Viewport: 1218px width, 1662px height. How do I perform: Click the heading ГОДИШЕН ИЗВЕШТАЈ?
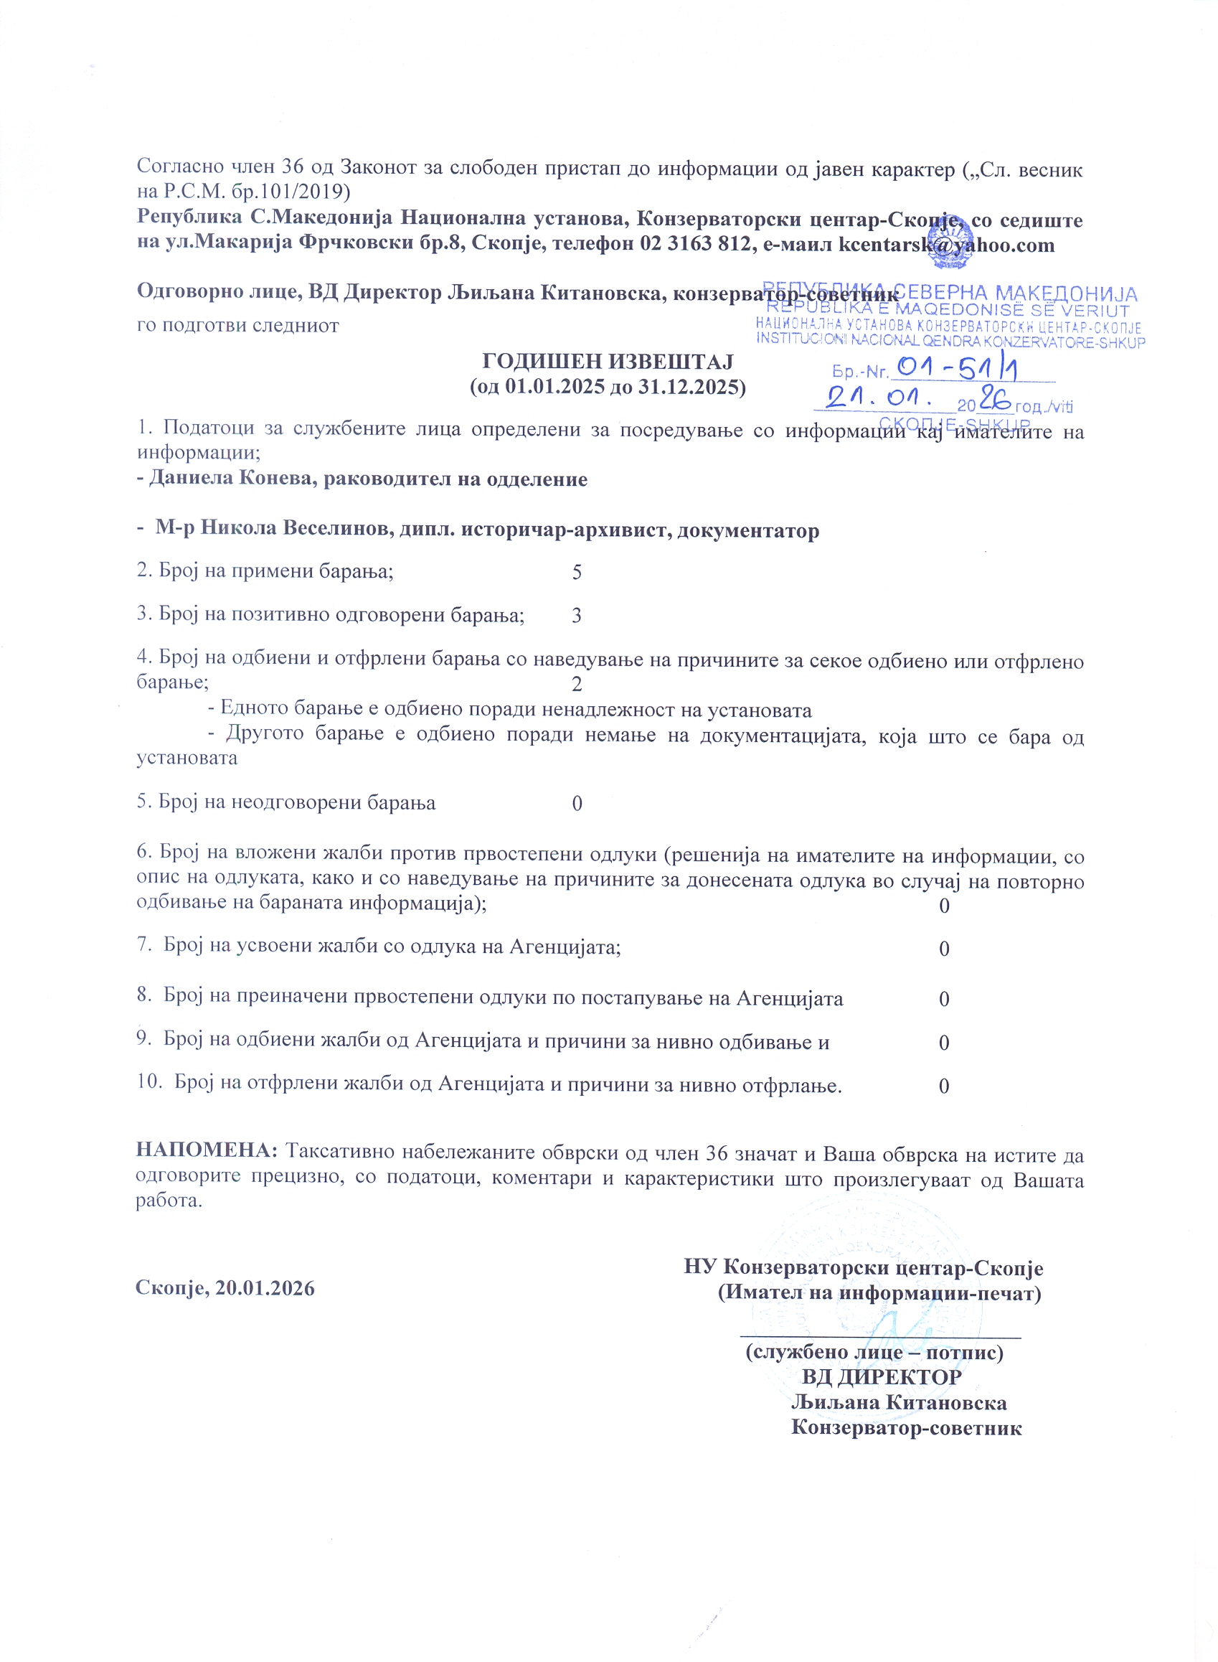tap(608, 361)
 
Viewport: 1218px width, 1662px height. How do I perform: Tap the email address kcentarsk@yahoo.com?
tap(947, 245)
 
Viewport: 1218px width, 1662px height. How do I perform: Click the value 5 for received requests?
tap(577, 572)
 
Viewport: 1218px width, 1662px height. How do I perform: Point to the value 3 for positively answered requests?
tap(577, 615)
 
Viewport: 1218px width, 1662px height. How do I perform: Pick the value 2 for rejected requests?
tap(577, 685)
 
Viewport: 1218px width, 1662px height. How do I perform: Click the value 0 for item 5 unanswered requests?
tap(577, 803)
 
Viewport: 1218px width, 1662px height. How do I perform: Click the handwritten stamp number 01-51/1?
tap(955, 368)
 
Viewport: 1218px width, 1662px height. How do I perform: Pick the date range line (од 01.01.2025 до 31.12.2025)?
tap(608, 387)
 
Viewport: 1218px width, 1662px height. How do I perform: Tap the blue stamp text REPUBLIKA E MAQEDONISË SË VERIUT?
tap(948, 311)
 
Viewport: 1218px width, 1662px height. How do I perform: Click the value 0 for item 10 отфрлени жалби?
tap(943, 1086)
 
